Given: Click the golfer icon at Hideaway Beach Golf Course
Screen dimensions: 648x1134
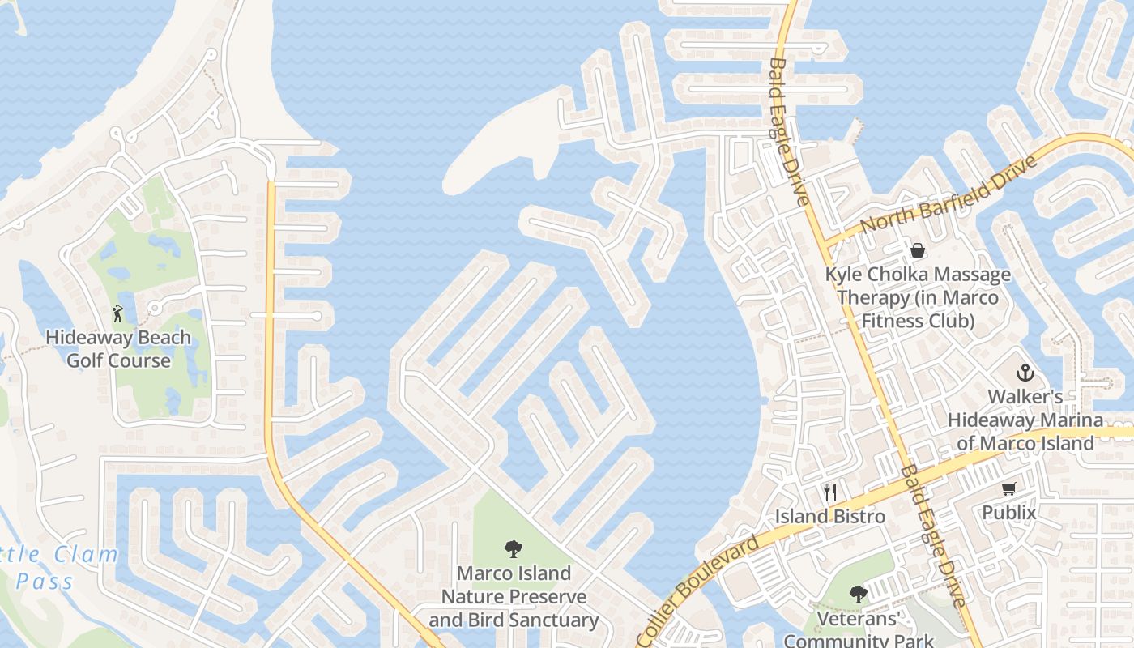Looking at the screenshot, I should pyautogui.click(x=118, y=313).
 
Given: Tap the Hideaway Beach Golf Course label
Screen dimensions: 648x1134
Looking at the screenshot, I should pyautogui.click(x=118, y=349).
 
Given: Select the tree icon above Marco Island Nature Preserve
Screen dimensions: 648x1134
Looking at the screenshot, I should pyautogui.click(x=513, y=549).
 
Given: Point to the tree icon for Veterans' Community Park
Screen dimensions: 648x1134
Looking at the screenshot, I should pyautogui.click(x=858, y=595).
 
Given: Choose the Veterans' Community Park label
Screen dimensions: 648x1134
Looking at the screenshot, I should pyautogui.click(x=859, y=630).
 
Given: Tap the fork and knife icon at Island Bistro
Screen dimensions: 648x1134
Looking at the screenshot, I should pyautogui.click(x=829, y=492).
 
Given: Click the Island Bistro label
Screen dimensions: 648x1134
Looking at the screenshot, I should pyautogui.click(x=830, y=516).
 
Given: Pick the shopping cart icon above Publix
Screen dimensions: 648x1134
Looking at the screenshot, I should pyautogui.click(x=1008, y=488).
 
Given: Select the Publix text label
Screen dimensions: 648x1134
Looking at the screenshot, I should pyautogui.click(x=1009, y=513).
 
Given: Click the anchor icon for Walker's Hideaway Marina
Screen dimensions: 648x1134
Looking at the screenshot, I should pyautogui.click(x=1025, y=373).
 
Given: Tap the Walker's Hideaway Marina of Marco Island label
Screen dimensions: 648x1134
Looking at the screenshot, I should pyautogui.click(x=1025, y=420).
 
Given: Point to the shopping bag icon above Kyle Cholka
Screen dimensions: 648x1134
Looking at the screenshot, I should pyautogui.click(x=918, y=250).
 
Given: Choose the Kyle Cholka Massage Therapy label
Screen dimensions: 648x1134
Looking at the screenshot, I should pyautogui.click(x=918, y=297).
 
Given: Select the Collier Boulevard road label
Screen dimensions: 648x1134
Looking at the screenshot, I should pyautogui.click(x=698, y=590).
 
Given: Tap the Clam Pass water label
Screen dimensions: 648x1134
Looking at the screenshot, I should pyautogui.click(x=57, y=568).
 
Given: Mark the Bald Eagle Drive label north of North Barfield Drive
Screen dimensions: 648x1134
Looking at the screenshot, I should pyautogui.click(x=789, y=130).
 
